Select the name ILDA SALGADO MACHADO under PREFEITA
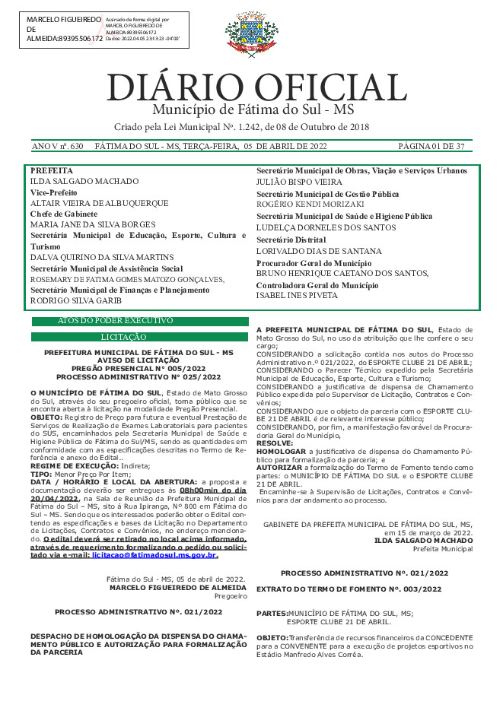click(x=84, y=182)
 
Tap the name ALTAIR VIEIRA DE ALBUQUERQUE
click(x=100, y=204)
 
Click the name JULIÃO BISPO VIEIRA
click(x=299, y=183)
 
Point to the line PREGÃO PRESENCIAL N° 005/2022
click(x=138, y=368)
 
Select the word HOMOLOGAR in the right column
click(x=280, y=451)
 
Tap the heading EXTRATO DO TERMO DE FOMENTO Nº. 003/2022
click(x=349, y=589)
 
